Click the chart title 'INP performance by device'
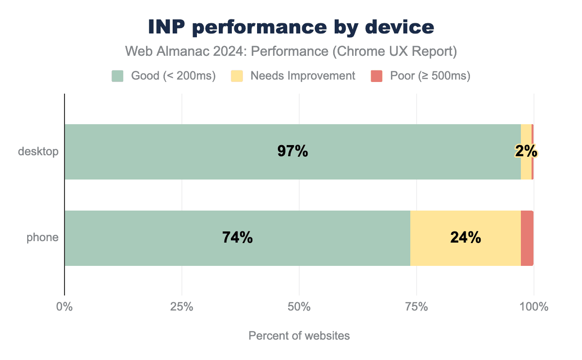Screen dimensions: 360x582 pyautogui.click(x=291, y=28)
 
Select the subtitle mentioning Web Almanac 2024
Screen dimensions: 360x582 pyautogui.click(x=291, y=51)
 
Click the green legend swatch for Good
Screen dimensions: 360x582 pyautogui.click(x=118, y=76)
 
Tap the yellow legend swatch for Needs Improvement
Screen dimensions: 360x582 pyautogui.click(x=237, y=76)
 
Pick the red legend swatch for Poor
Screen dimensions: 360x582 pyautogui.click(x=377, y=76)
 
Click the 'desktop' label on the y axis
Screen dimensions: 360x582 pyautogui.click(x=38, y=151)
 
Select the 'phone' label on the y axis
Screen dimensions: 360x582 pyautogui.click(x=43, y=238)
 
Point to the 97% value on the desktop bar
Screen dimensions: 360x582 pyautogui.click(x=292, y=151)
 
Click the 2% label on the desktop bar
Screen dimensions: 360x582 pyautogui.click(x=526, y=151)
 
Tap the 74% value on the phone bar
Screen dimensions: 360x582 pyautogui.click(x=238, y=238)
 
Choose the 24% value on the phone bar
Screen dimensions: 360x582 pyautogui.click(x=466, y=238)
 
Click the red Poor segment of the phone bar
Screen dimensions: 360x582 pyautogui.click(x=527, y=238)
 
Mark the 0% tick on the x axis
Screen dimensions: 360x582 pyautogui.click(x=65, y=307)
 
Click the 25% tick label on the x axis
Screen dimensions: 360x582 pyautogui.click(x=182, y=307)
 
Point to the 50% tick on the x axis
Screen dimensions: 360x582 pyautogui.click(x=299, y=307)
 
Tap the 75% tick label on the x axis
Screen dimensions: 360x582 pyautogui.click(x=417, y=307)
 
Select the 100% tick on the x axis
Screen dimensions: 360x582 pyautogui.click(x=533, y=307)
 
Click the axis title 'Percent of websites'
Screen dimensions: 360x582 pyautogui.click(x=299, y=336)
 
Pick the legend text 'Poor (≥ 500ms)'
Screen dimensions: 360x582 pyautogui.click(x=430, y=76)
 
